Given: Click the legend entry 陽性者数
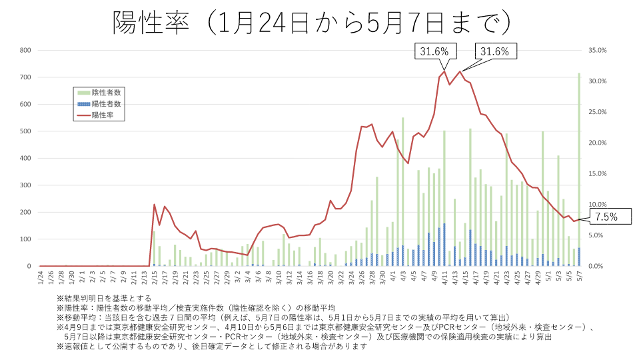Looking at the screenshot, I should [x=106, y=104].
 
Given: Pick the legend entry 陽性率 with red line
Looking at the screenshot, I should [x=103, y=115].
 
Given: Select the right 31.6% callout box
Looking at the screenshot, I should [x=494, y=51].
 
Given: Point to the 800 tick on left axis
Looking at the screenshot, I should [x=26, y=50].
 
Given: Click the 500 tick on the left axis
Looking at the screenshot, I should [x=26, y=131].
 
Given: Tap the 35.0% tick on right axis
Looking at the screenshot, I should [x=598, y=50].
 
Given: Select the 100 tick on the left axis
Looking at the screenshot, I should [x=26, y=239].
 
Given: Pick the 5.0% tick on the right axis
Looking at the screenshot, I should [x=598, y=235].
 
